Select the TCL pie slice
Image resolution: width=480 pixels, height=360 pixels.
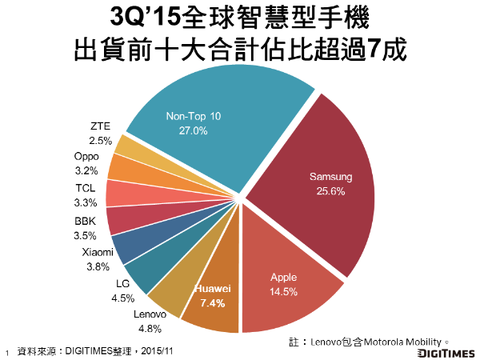(124, 193)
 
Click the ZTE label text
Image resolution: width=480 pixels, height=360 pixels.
(100, 126)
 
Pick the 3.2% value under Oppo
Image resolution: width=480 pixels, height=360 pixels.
(86, 170)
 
